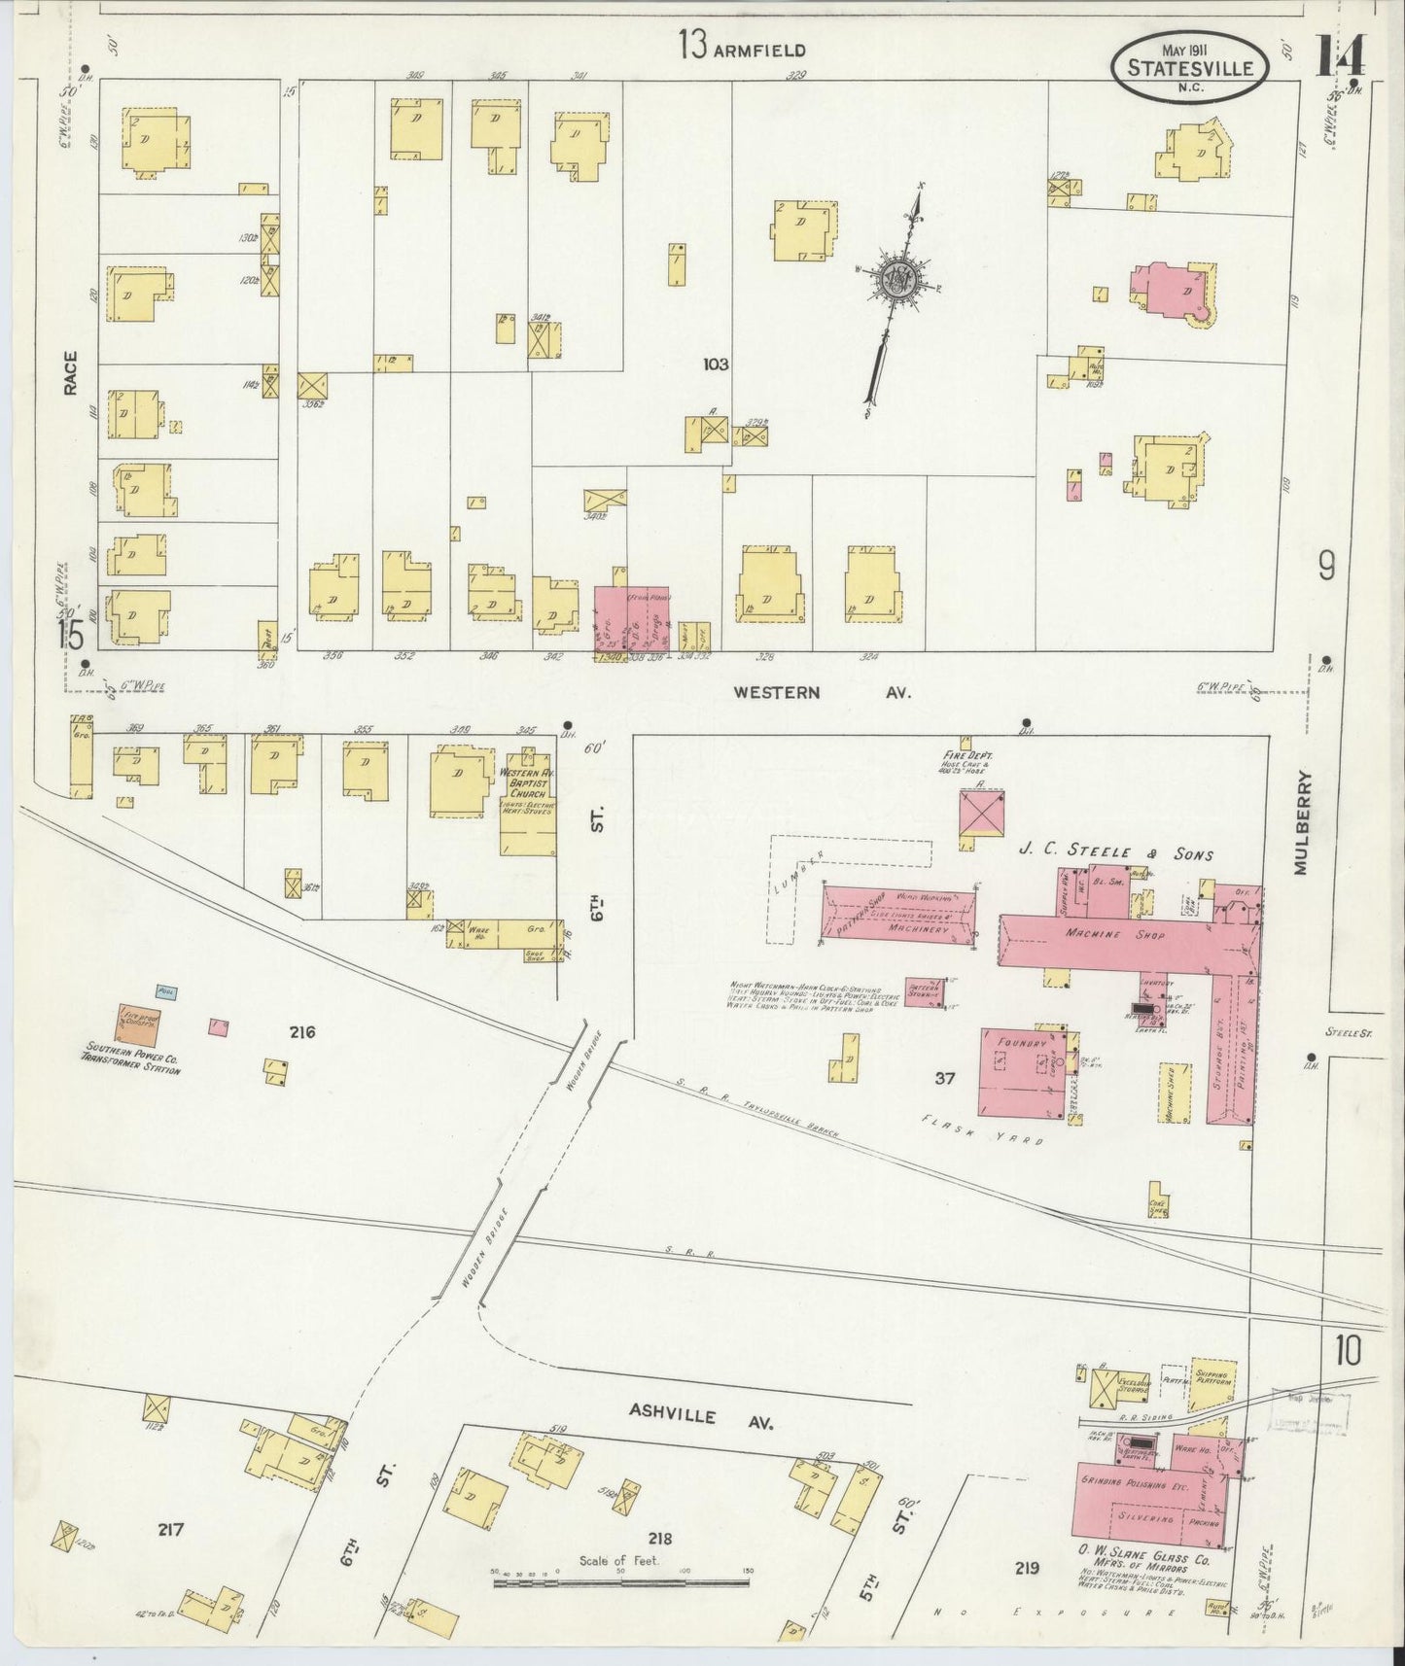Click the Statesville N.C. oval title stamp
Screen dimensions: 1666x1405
point(1189,65)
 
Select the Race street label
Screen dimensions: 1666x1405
point(71,373)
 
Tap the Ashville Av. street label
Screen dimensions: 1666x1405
point(700,1416)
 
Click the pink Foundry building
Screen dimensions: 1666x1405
point(1021,1069)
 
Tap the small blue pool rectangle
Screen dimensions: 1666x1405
point(166,992)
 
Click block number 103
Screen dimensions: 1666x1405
point(716,364)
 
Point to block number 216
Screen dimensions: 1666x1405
point(301,1032)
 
